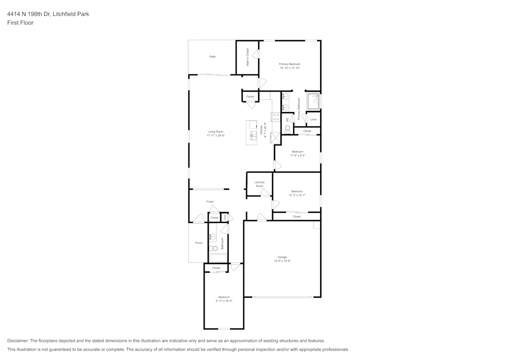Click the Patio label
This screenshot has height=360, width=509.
tap(212, 57)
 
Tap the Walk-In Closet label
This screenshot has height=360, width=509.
tap(248, 58)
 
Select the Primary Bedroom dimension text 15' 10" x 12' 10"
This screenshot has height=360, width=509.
tap(290, 68)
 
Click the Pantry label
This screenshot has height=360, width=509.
tap(250, 96)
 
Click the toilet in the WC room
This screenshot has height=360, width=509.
tap(288, 128)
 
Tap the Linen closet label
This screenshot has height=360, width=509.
tap(313, 120)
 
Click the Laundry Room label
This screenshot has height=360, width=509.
tap(260, 184)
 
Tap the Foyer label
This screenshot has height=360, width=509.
tap(210, 202)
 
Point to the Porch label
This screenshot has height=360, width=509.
tap(199, 243)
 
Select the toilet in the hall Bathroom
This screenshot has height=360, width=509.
tap(214, 248)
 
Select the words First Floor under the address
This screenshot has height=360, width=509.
tap(20, 23)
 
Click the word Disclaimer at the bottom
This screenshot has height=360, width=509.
tap(18, 341)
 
